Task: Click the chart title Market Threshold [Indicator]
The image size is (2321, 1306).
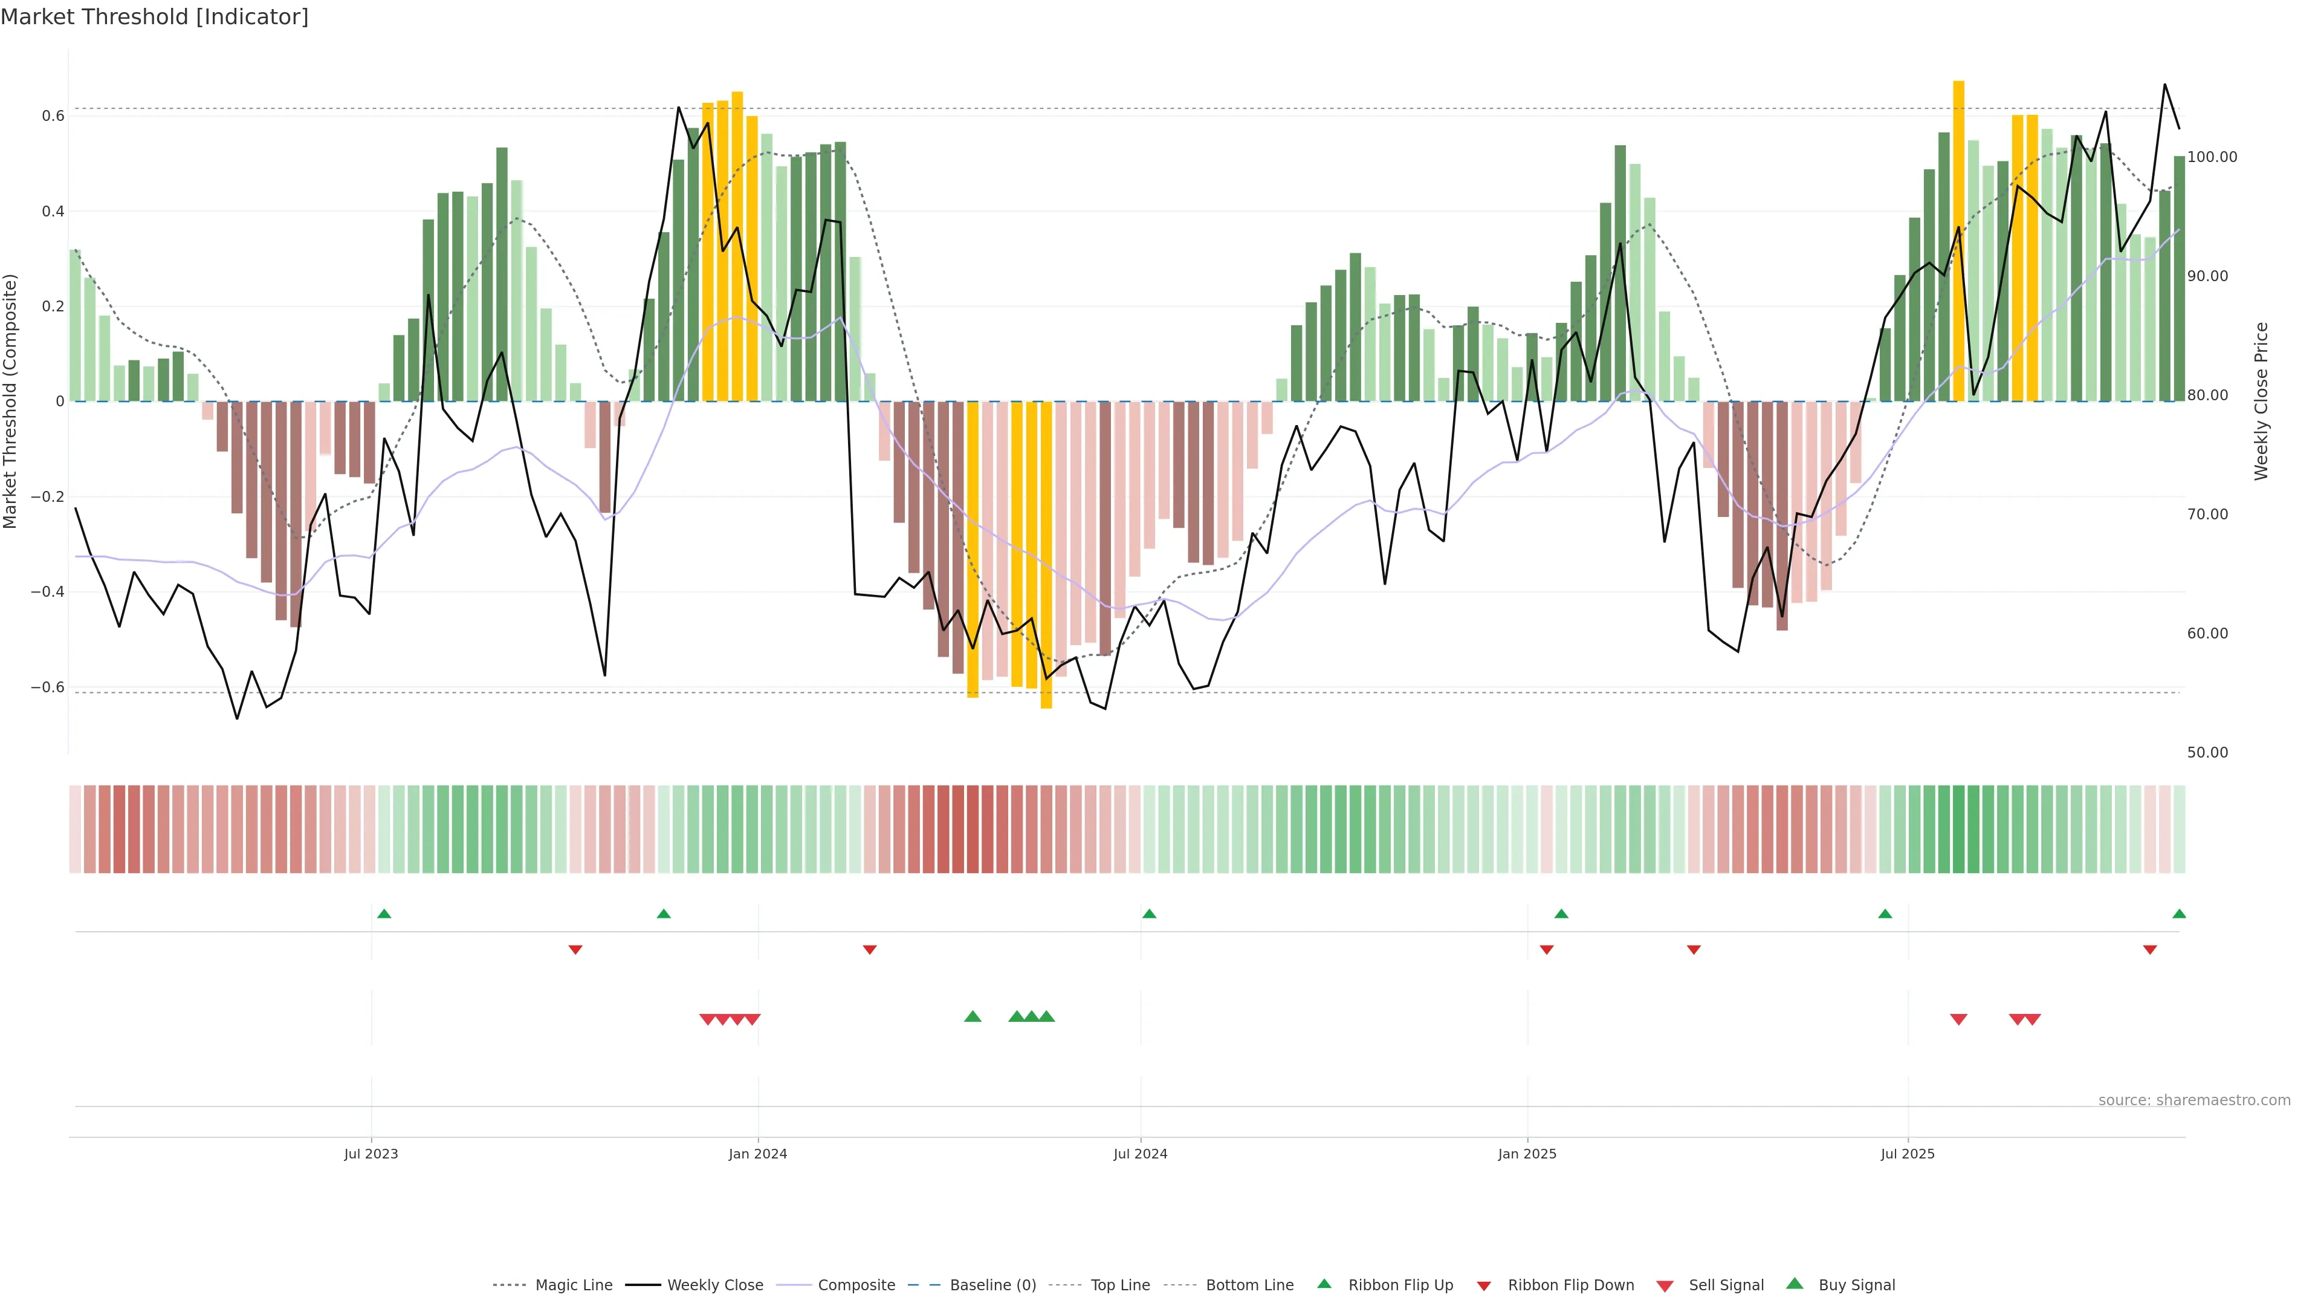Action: pos(154,17)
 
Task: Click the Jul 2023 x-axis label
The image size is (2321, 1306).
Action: pos(371,1154)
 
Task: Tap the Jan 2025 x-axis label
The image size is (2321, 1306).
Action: pos(1526,1154)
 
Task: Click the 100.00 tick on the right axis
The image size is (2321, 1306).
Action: pos(2212,157)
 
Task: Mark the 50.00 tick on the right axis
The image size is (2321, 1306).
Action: pos(2207,753)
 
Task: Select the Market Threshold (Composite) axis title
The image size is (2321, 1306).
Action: pos(11,401)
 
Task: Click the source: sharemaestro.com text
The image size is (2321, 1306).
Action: pos(2194,1100)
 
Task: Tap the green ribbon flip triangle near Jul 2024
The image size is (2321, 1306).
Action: pos(1149,914)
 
